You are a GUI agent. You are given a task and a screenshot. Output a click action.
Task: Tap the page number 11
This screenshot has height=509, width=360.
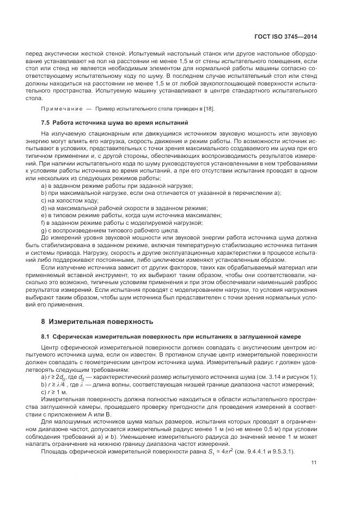314,463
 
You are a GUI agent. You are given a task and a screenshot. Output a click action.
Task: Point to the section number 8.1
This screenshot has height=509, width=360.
46,337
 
